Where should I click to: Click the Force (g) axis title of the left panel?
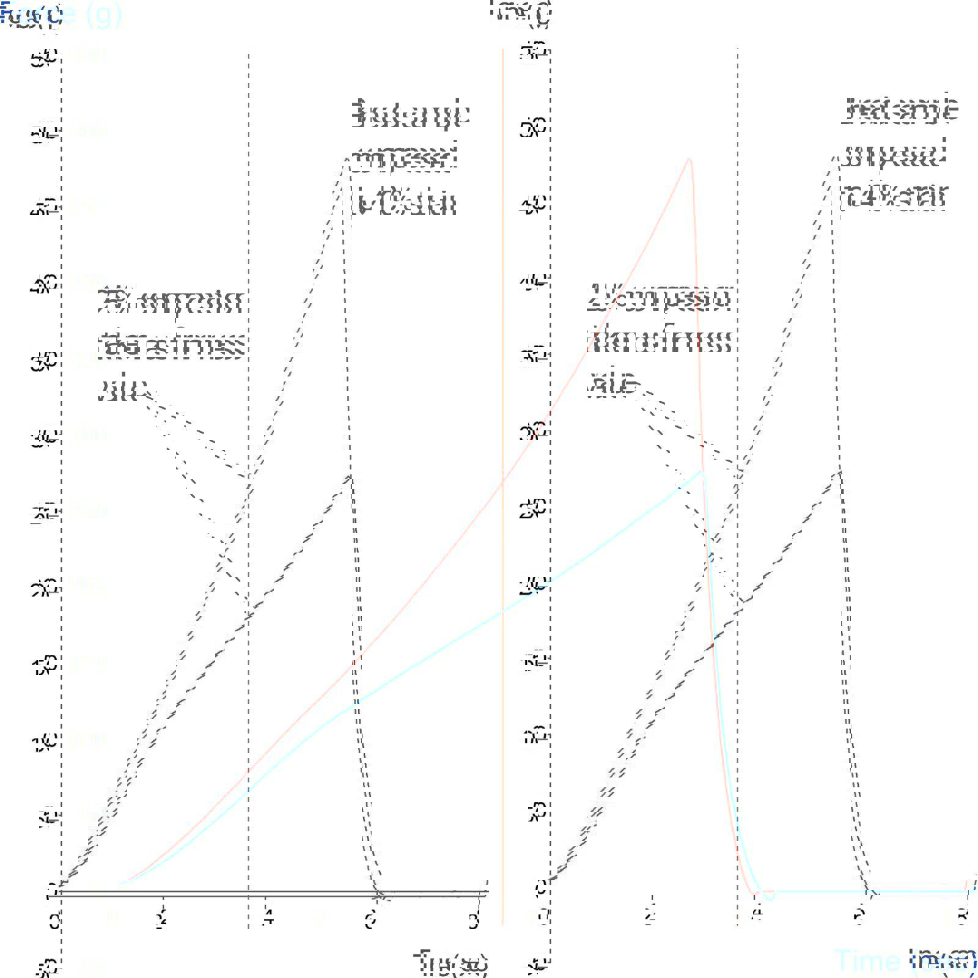[x=31, y=15]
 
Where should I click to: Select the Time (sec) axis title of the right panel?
[x=905, y=961]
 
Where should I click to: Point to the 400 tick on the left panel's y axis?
[x=44, y=284]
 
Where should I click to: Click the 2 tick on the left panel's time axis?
[x=162, y=920]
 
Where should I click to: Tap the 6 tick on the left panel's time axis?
[x=370, y=920]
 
